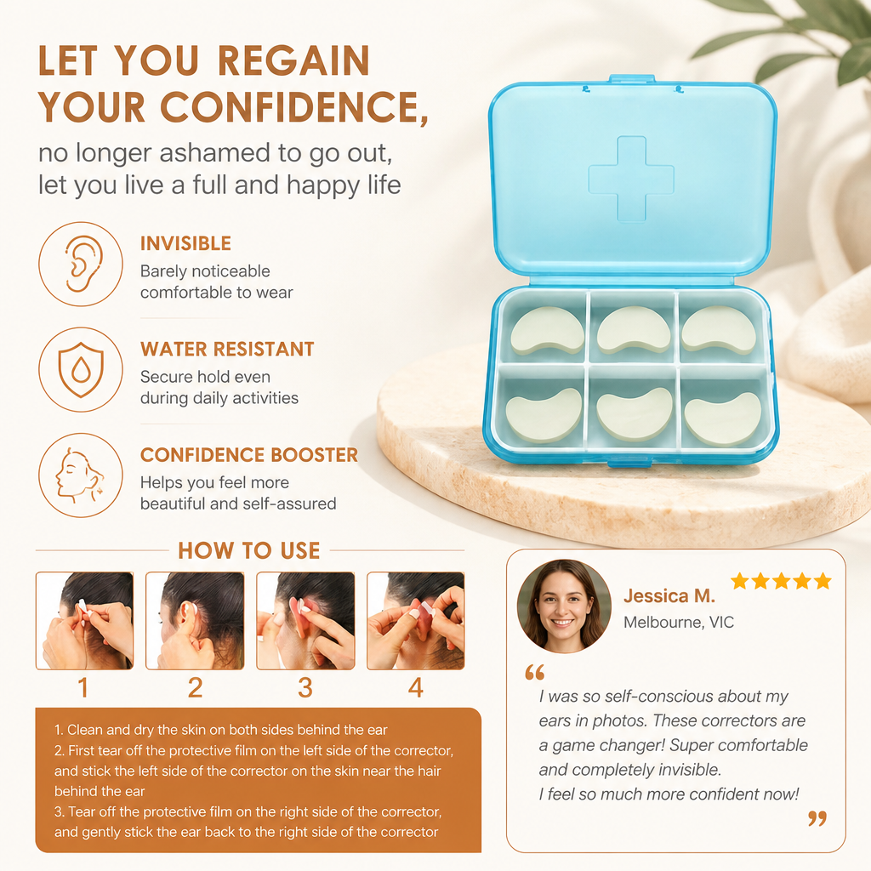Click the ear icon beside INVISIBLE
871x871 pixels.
click(82, 264)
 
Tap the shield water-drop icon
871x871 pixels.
click(81, 369)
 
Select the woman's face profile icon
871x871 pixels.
click(79, 475)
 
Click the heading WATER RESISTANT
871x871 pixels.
click(227, 349)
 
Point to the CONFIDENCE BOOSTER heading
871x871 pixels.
click(249, 455)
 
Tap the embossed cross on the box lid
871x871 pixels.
click(631, 179)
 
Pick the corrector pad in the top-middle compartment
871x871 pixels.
click(634, 329)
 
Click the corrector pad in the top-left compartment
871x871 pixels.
click(547, 331)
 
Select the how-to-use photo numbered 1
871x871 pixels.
click(84, 620)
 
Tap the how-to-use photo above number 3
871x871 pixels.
click(305, 620)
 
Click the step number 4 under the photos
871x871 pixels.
click(415, 687)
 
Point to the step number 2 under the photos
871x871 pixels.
click(195, 687)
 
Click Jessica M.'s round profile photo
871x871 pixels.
click(564, 606)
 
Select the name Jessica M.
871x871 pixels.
click(669, 596)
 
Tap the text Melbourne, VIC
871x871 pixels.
click(678, 622)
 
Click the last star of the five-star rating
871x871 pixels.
click(823, 581)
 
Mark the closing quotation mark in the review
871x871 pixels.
click(817, 818)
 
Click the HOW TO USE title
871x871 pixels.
click(249, 550)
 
